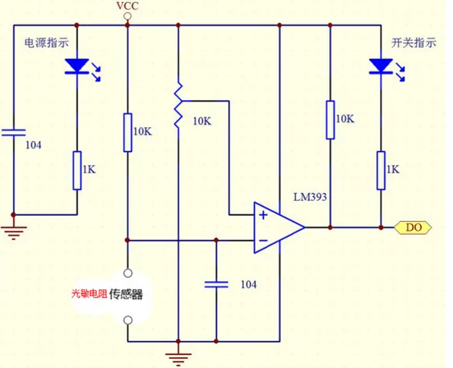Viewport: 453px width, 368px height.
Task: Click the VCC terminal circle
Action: pos(127,16)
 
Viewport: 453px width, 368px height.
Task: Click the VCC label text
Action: pos(127,6)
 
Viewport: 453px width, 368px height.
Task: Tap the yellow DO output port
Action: pos(413,228)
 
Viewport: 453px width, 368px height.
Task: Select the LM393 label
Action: pos(310,197)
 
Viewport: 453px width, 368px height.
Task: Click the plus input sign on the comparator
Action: pos(263,215)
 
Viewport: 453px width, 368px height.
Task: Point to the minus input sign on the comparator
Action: pos(263,240)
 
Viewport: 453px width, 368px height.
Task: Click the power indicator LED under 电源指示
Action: pos(77,66)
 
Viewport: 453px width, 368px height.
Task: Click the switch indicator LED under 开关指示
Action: pos(381,66)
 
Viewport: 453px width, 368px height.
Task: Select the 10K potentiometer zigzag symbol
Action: pos(178,105)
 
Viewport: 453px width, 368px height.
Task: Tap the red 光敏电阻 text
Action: pos(89,294)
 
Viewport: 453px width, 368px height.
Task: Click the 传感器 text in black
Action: pos(126,294)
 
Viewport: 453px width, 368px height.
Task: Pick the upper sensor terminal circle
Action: pos(128,273)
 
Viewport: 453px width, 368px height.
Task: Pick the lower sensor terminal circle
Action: pos(128,320)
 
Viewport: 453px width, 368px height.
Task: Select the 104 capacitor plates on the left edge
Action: pos(14,133)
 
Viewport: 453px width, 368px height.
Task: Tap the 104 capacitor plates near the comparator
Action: pos(217,285)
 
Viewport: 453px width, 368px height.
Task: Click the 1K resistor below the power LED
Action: pos(77,170)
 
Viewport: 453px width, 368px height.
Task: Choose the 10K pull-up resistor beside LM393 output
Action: pos(330,120)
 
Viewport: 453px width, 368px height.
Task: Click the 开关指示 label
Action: pos(414,43)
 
